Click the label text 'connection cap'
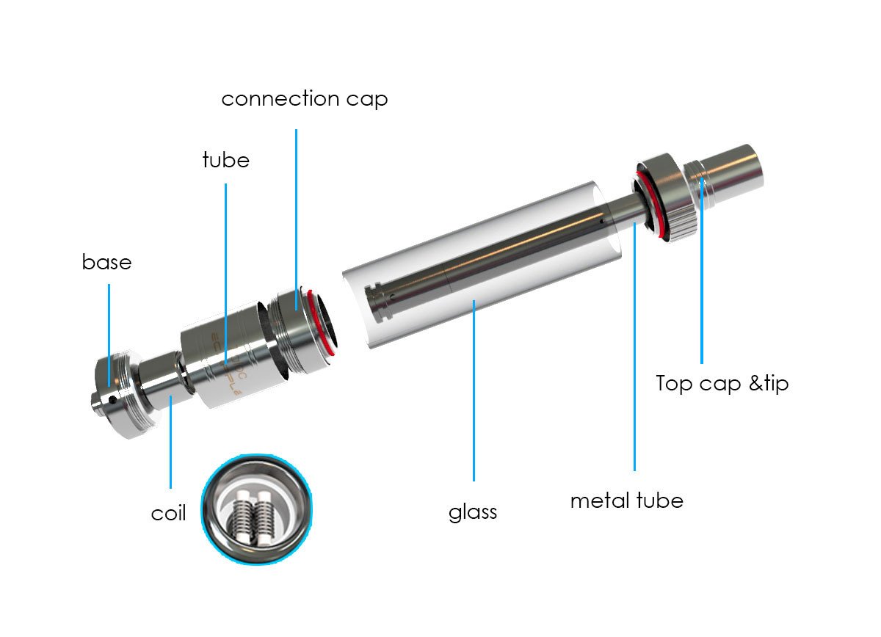pos(305,99)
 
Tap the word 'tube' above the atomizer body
pos(226,160)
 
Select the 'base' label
pos(106,261)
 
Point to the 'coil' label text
pos(168,513)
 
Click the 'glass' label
pos(473,513)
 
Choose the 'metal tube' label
pos(626,500)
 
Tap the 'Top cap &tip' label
pos(722,383)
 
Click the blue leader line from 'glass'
pos(474,390)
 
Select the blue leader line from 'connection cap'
pos(296,219)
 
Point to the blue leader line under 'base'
pos(109,335)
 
